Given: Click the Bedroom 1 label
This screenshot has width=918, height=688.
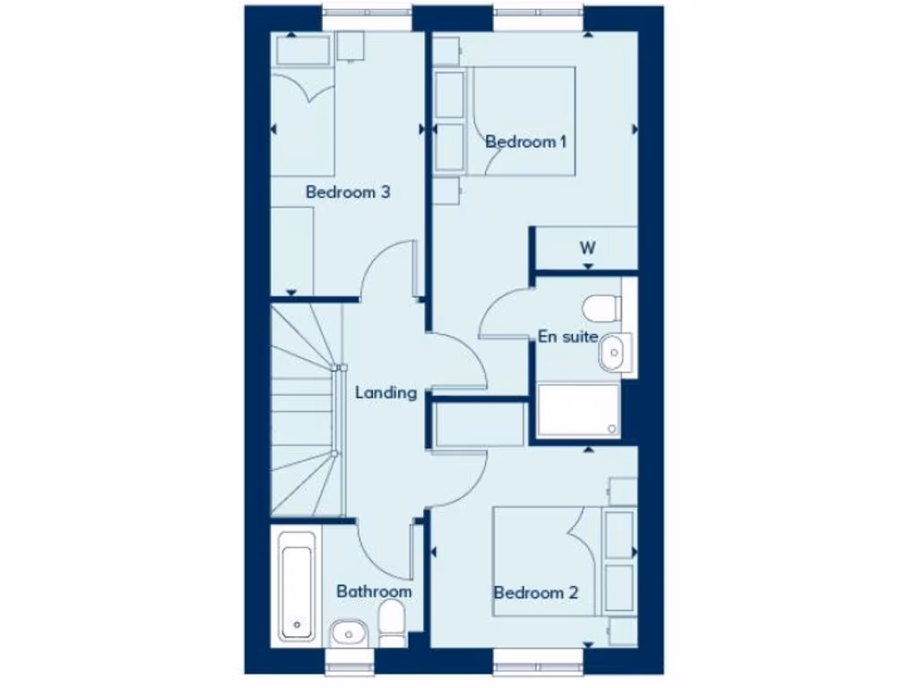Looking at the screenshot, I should pos(526,142).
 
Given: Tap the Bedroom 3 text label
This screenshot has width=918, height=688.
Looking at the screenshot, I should pos(348,192).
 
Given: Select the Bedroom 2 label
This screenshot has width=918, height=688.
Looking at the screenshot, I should pos(535,592).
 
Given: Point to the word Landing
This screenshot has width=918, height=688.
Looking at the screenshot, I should pos(385,392).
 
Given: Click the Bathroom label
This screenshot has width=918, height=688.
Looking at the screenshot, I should pos(374,591).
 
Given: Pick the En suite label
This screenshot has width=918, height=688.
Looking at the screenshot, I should pos(567,337).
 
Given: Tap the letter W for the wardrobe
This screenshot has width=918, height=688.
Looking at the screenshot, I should pos(587,247).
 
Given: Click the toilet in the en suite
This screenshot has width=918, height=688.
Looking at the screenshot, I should pos(601,307).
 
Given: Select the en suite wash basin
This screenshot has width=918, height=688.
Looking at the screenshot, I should pos(614,352).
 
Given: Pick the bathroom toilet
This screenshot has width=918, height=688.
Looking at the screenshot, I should pos(392,622).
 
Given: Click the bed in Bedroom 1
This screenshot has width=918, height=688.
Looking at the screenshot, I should pos(520,120).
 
